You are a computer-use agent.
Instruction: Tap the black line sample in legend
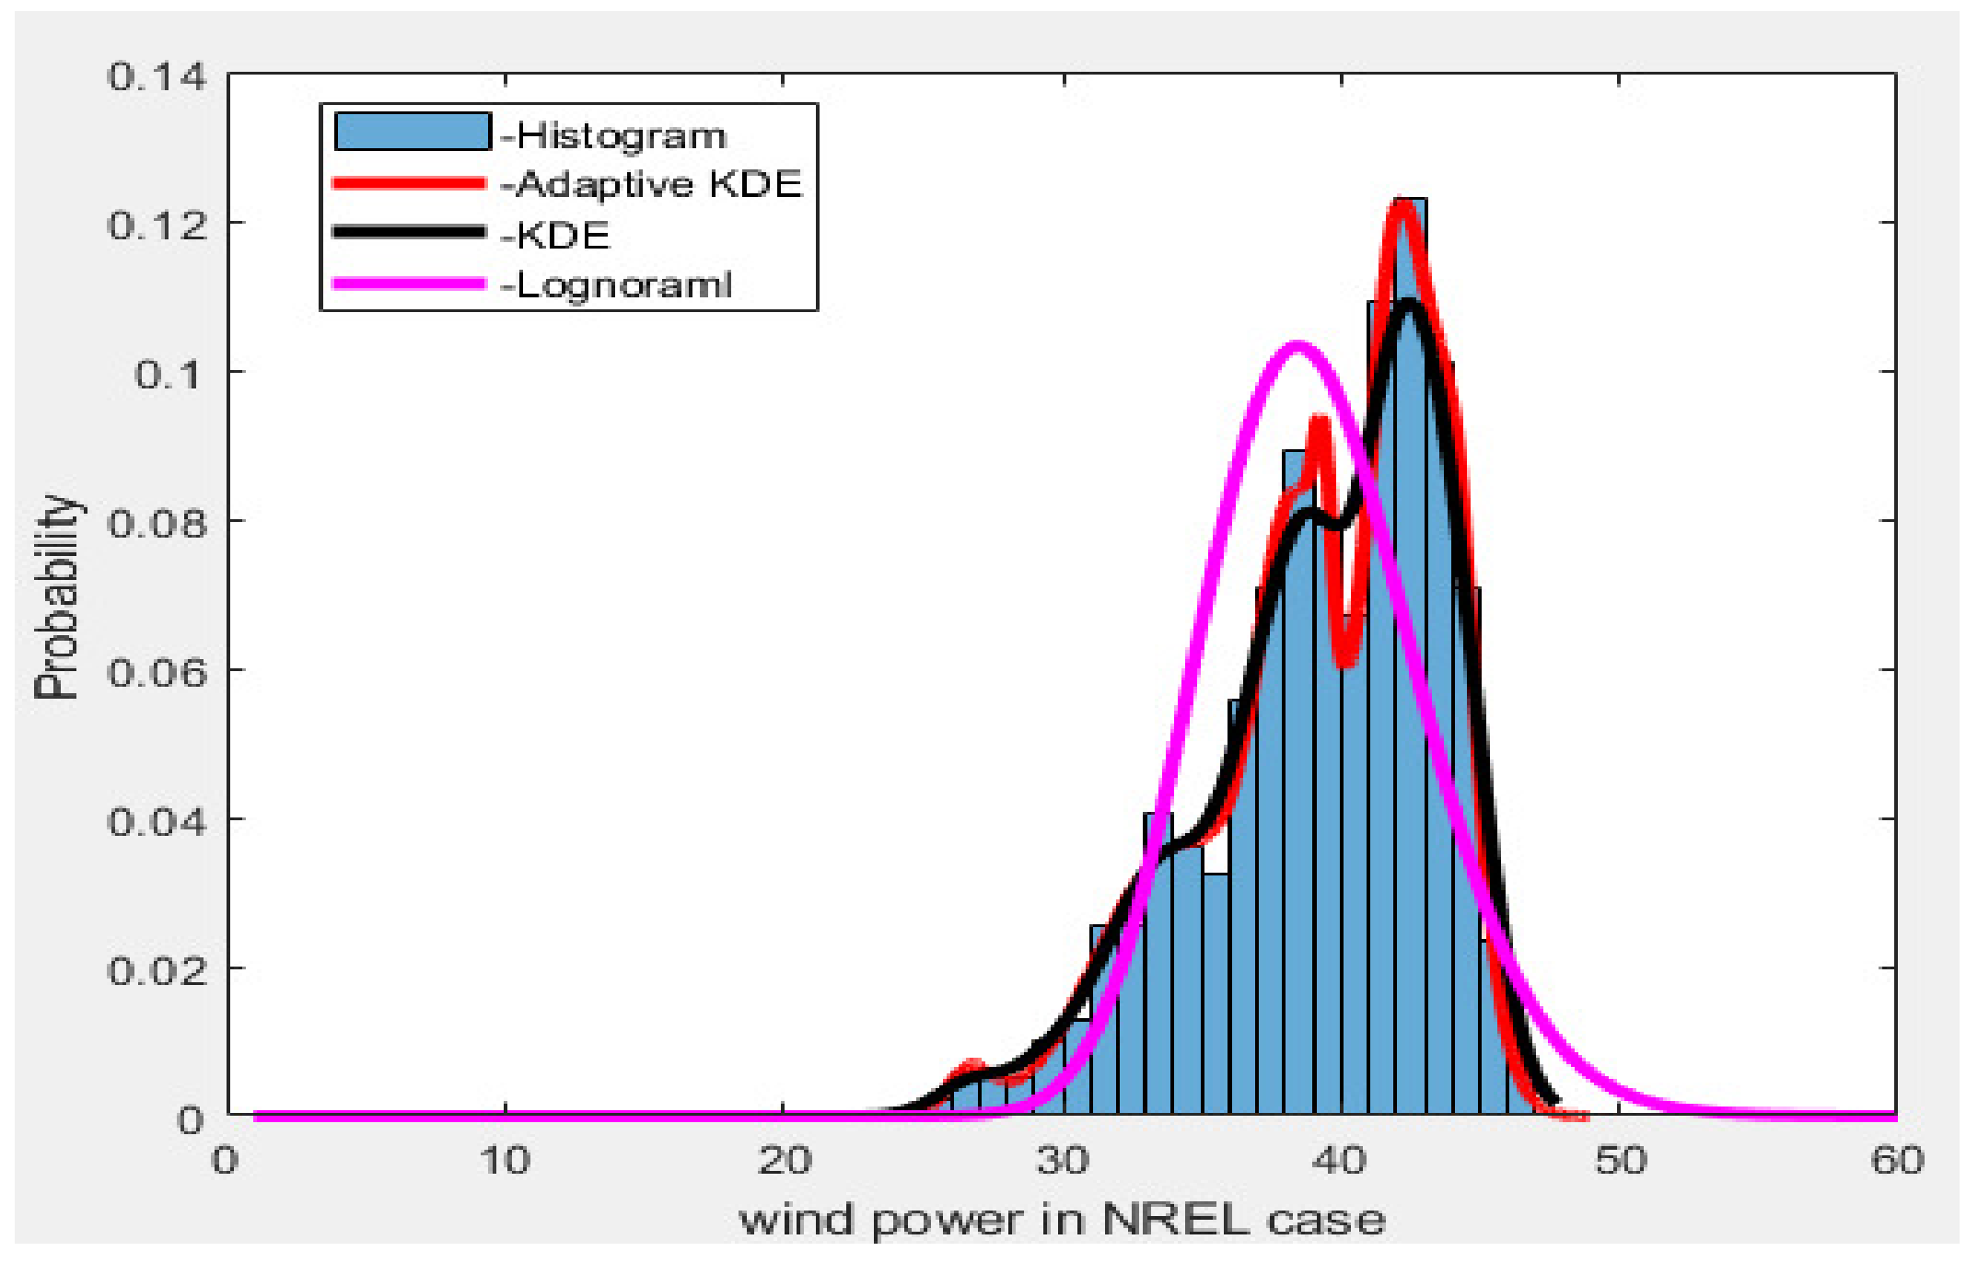point(409,233)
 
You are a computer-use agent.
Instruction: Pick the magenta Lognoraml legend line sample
point(409,284)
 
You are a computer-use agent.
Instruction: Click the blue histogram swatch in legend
point(412,132)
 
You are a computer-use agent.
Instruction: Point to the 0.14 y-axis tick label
point(157,76)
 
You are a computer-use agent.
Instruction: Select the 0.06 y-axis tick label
point(157,672)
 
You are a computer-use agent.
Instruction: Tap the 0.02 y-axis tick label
point(157,970)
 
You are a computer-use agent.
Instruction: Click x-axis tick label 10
point(506,1161)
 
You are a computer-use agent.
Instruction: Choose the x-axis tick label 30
point(1064,1161)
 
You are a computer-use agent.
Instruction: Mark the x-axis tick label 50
point(1620,1161)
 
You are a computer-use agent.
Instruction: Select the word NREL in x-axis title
point(1175,1221)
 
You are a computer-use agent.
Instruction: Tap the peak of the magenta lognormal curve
point(1297,348)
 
